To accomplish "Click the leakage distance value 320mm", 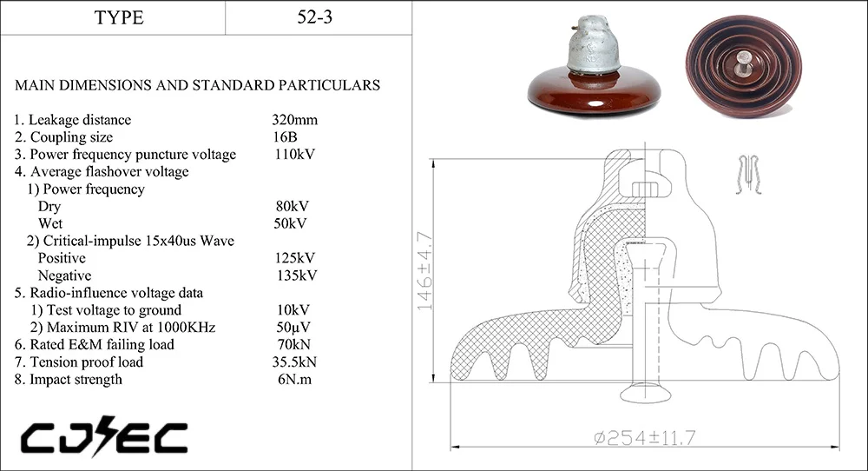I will [295, 120].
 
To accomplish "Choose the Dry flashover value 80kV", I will [292, 207].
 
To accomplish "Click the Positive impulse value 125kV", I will [295, 258].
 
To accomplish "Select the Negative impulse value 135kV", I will [295, 275].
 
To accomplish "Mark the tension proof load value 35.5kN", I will [297, 362].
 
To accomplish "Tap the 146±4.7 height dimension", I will [424, 271].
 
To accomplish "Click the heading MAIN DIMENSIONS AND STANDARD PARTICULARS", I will [197, 85].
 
